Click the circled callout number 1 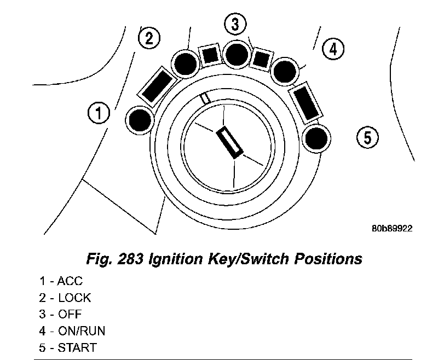coord(99,113)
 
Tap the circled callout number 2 coord(149,38)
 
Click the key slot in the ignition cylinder coord(230,142)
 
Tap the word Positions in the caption coord(327,258)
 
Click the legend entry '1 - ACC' coord(61,282)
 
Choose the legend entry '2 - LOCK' coord(65,298)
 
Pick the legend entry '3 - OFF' coord(61,315)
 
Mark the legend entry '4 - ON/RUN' coord(72,331)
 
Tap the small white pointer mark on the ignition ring coord(205,98)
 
